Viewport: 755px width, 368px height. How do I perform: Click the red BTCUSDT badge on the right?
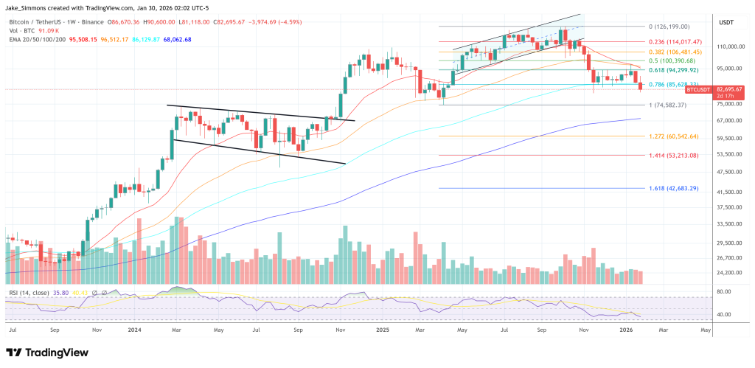pyautogui.click(x=697, y=88)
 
